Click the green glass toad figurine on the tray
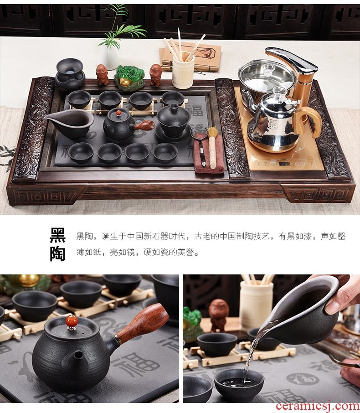tap(129, 77)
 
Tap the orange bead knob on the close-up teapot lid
tap(72, 322)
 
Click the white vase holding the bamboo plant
tap(108, 57)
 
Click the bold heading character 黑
tap(57, 235)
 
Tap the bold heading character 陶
tap(57, 253)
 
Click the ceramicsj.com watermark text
tap(318, 406)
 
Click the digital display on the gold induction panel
tap(284, 164)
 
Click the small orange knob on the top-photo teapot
tap(119, 113)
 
